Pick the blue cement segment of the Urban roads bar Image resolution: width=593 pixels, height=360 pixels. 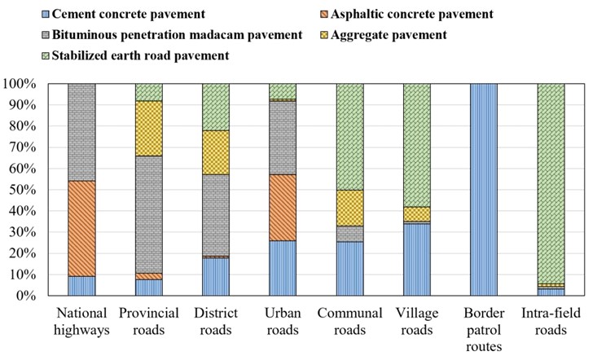pos(282,268)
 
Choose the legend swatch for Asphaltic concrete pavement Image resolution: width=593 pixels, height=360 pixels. pos(322,15)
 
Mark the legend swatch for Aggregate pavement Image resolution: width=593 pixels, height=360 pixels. pos(322,35)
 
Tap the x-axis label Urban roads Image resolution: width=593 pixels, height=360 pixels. pos(282,320)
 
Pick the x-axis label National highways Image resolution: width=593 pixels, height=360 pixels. pos(81,320)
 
